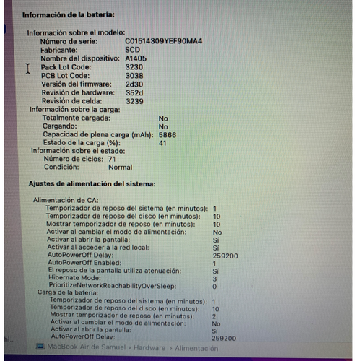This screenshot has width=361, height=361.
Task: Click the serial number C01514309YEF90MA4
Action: tap(163, 41)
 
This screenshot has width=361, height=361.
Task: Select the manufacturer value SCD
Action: tap(132, 50)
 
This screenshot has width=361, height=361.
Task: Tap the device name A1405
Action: tap(135, 58)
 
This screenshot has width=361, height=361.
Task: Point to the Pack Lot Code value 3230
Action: tap(134, 67)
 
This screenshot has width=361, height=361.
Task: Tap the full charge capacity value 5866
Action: tap(168, 135)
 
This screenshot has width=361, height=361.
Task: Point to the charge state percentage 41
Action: tap(162, 143)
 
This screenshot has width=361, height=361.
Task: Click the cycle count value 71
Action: tap(112, 159)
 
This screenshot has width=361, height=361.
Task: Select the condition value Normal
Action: tap(120, 167)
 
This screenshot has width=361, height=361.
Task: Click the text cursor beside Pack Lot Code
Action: tap(28, 68)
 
